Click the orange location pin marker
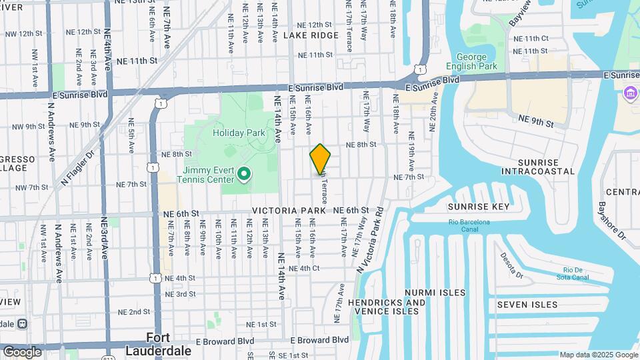pos(320,159)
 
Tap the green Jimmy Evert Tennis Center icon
pos(244,175)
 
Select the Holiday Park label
pos(239,133)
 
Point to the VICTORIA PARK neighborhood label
pos(289,210)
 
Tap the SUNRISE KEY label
pos(478,207)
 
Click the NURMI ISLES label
pos(430,293)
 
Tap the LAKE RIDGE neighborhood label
pos(311,35)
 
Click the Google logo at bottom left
pos(22,351)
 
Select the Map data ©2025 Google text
pos(598,355)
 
